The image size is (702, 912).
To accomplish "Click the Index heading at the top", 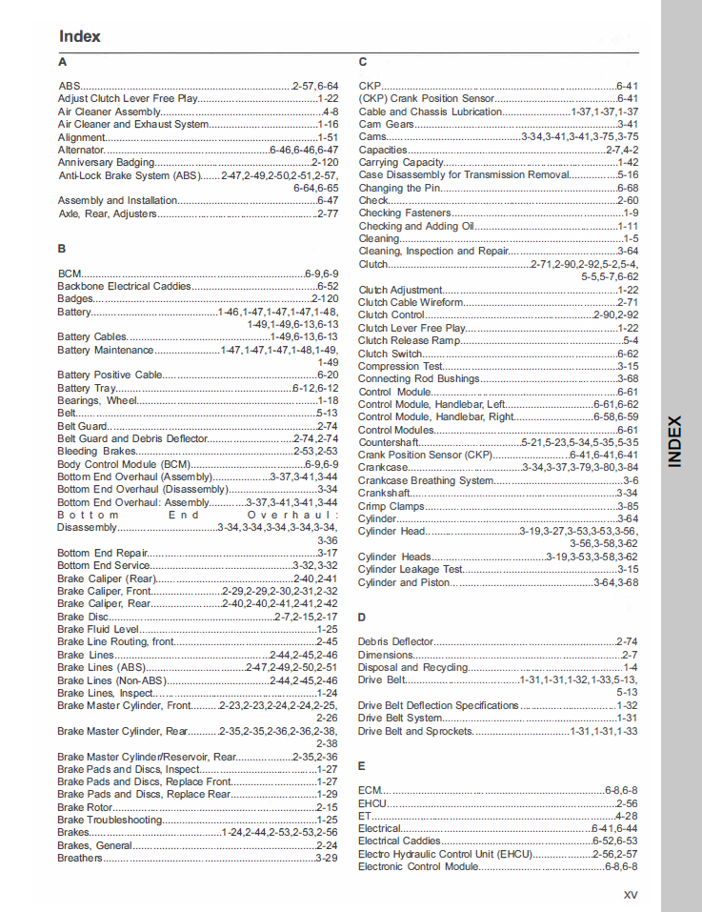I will click(x=80, y=36).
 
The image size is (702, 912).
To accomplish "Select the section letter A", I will click(x=62, y=62).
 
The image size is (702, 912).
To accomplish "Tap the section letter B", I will click(x=62, y=249).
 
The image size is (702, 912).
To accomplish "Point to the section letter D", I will click(x=362, y=618).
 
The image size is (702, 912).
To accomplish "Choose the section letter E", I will click(x=362, y=766).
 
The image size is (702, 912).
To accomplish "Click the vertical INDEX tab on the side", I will click(x=674, y=441).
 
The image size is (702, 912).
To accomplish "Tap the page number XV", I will click(x=630, y=894).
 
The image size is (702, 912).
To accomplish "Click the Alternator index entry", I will click(x=82, y=150).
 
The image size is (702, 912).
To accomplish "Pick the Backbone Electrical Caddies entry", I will click(x=124, y=286).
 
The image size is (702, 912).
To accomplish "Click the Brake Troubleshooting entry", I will click(x=110, y=820).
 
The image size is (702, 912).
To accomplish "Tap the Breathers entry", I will click(x=80, y=858).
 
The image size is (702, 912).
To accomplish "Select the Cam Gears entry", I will click(x=386, y=124).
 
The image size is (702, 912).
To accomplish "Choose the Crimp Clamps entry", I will click(x=391, y=506).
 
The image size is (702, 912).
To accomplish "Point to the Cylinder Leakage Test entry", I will click(x=411, y=569).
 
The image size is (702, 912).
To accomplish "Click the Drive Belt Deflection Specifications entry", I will click(x=438, y=705).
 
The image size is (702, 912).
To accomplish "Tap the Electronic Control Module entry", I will click(x=418, y=866).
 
